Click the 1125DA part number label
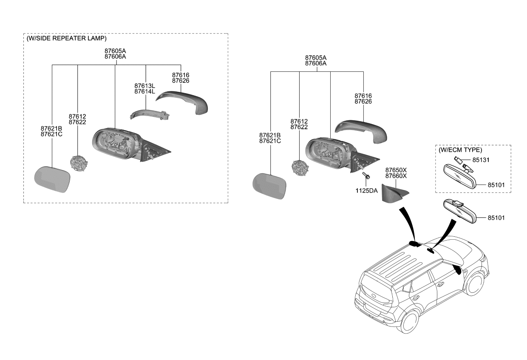point(366,191)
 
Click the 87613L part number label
point(144,85)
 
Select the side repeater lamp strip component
point(149,114)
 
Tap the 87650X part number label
point(396,170)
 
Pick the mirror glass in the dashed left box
point(52,180)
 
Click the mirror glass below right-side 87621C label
point(270,186)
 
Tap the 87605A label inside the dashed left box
point(115,50)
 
